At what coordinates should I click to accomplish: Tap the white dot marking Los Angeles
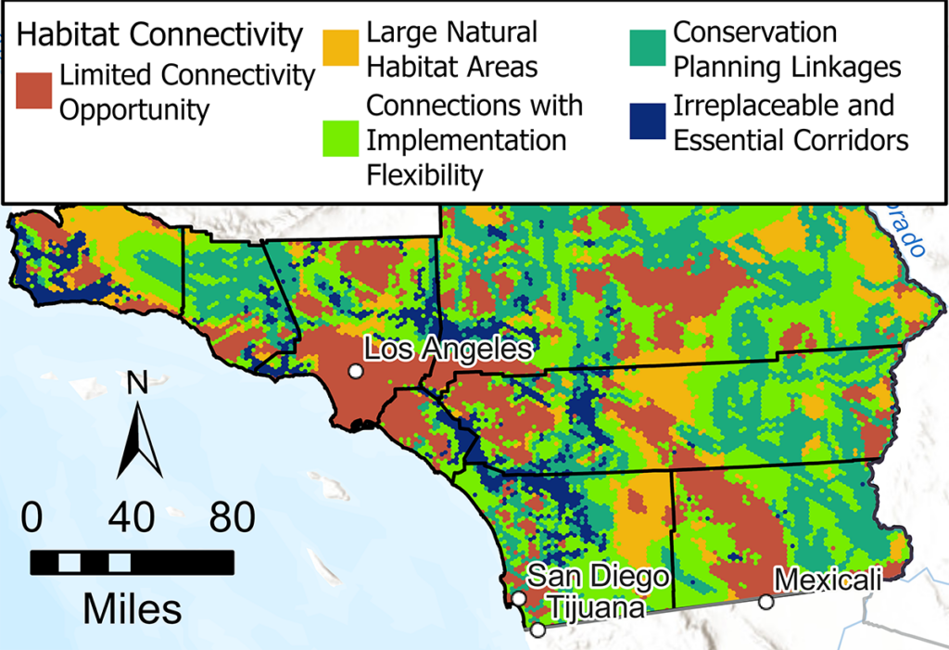[x=355, y=371]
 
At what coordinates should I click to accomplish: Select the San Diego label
[x=598, y=576]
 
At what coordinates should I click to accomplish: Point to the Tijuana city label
[x=594, y=608]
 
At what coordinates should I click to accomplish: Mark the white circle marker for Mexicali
[x=766, y=602]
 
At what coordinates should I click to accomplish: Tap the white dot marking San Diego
[x=519, y=598]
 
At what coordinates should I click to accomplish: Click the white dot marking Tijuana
[x=538, y=630]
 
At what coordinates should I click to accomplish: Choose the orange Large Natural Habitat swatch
[x=343, y=48]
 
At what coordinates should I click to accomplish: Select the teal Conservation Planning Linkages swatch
[x=647, y=48]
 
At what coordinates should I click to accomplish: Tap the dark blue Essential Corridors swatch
[x=647, y=121]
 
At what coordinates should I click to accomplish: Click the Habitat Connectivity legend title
[x=160, y=35]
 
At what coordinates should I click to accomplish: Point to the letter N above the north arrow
[x=137, y=381]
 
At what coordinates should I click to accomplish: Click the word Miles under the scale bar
[x=133, y=608]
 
